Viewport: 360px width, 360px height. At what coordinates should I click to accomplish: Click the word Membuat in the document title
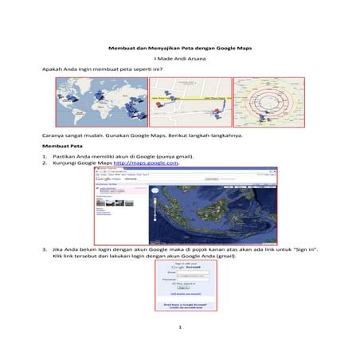point(119,48)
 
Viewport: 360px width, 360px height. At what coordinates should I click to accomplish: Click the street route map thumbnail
point(190,101)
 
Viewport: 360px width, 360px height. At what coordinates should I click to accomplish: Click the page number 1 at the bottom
point(180,327)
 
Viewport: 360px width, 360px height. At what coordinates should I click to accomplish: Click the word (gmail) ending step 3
point(223,256)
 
